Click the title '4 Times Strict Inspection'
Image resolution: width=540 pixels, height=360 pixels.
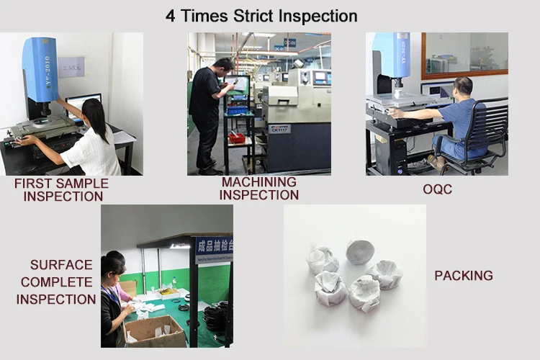point(261,16)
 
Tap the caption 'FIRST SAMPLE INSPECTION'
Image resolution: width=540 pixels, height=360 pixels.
point(62,189)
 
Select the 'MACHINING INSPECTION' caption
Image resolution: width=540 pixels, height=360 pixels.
point(259,189)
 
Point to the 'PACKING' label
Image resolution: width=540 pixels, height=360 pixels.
point(464,276)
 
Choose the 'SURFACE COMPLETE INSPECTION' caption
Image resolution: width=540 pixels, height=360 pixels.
point(56,282)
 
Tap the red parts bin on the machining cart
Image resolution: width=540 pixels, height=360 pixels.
point(237,138)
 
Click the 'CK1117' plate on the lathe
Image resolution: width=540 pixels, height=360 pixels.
point(279,129)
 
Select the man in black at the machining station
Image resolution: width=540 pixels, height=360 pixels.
point(206,115)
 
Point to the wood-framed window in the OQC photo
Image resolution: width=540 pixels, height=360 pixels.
point(464,55)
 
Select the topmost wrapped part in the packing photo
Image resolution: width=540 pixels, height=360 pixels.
point(360,252)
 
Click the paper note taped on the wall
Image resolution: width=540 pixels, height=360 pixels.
point(71,66)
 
